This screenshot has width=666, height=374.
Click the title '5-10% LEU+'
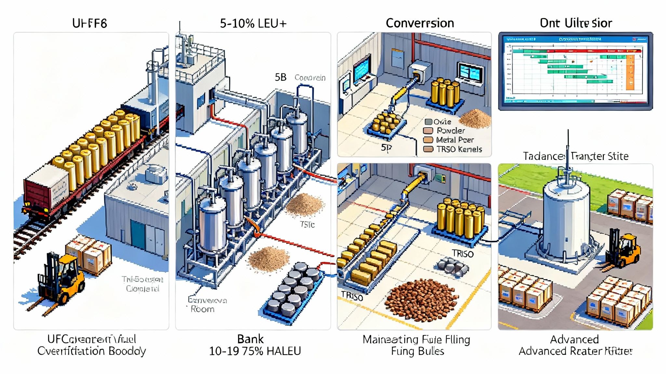253,23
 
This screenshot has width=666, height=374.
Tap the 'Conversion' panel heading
420,23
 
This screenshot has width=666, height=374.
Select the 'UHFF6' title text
89,23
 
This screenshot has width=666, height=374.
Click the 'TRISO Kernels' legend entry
459,149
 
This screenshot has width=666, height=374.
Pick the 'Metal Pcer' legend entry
455,140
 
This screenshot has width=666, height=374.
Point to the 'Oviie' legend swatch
428,122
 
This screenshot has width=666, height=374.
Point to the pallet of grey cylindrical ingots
294,292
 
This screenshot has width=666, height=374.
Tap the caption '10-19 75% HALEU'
255,351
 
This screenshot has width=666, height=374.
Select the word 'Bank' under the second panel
250,339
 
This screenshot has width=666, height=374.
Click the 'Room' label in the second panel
202,309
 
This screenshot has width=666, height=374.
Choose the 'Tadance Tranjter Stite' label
575,156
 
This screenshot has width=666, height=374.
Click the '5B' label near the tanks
280,77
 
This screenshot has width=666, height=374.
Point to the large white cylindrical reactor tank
566,221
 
